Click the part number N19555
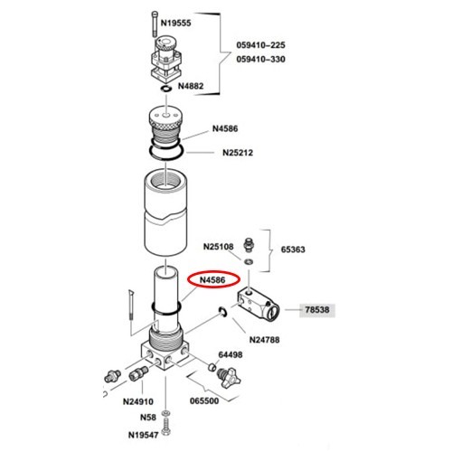(175, 24)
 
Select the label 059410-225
(260, 45)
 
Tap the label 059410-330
(260, 59)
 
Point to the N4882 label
(191, 86)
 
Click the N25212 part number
(238, 153)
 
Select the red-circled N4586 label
(212, 280)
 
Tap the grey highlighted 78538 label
(317, 310)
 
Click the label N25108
(219, 247)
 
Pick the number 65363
(293, 250)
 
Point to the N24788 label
(264, 340)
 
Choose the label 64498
(231, 354)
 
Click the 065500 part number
(204, 401)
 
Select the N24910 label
(138, 401)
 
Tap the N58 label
(148, 418)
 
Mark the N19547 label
(144, 435)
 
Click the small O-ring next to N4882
(166, 89)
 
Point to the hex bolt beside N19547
(165, 427)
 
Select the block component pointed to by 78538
(259, 305)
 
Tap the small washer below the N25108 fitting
(249, 261)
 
